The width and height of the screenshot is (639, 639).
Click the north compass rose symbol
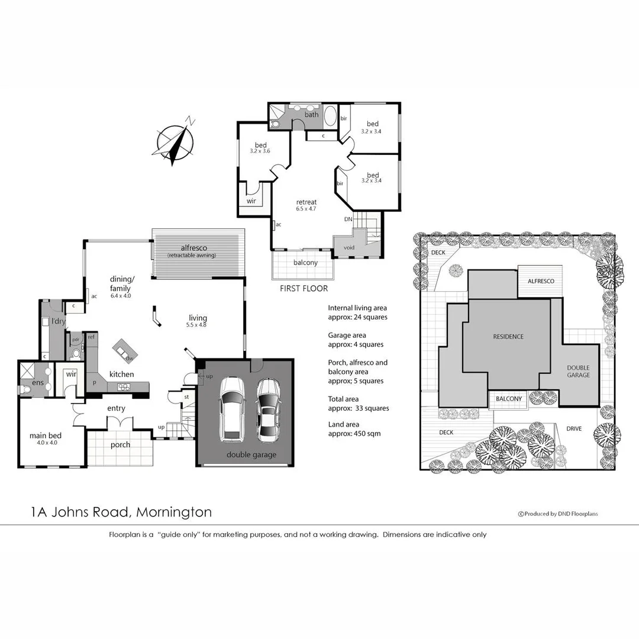point(175,143)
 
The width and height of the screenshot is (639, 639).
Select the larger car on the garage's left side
point(231,409)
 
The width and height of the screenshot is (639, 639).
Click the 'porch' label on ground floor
point(120,444)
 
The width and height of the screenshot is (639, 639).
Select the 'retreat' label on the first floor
point(306,202)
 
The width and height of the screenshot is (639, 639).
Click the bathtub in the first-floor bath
point(330,115)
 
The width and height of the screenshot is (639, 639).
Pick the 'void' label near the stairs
point(349,247)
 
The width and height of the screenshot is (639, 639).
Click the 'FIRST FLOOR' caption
point(304,289)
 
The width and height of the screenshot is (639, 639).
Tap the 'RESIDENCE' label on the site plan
point(508,337)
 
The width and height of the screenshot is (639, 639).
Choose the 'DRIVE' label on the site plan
point(575,429)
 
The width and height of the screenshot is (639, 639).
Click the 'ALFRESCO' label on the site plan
point(541,281)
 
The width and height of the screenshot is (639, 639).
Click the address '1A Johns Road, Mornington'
point(121,512)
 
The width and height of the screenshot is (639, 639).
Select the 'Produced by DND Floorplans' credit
point(558,514)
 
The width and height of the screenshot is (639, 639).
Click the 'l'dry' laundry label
point(58,321)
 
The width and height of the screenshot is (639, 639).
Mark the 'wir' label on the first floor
point(251,201)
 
